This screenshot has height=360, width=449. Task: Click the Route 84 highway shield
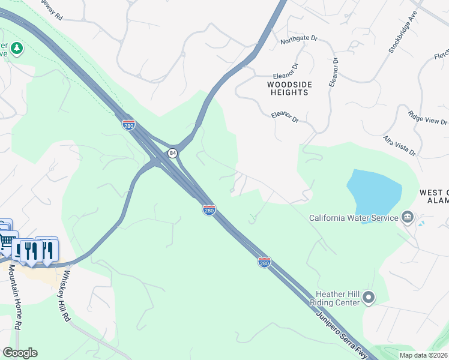(173, 153)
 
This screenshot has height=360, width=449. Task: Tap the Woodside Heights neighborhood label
(290, 89)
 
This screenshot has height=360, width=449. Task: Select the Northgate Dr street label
(298, 40)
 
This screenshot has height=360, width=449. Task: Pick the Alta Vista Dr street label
(400, 146)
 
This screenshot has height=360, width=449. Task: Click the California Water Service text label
(354, 218)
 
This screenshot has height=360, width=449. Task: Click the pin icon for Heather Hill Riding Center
(369, 297)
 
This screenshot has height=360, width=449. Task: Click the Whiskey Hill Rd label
(65, 296)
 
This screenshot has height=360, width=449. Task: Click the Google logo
(20, 353)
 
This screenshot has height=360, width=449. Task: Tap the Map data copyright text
(423, 355)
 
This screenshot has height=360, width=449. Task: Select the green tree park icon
(16, 48)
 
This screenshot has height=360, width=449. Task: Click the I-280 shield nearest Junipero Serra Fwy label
(264, 262)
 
